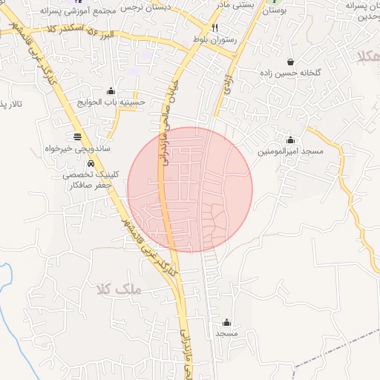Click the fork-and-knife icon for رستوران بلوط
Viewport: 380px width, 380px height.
215,27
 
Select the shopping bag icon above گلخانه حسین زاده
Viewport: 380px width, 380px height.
289,62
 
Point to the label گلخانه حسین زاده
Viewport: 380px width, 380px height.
289,73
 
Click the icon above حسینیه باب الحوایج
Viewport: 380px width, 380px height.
111,91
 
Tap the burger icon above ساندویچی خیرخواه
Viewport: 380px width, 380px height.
78,137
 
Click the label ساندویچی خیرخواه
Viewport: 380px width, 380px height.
78,148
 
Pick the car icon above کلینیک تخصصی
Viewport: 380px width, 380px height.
91,163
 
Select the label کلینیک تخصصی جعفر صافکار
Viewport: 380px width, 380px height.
91,180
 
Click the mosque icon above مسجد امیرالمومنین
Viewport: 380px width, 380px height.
290,140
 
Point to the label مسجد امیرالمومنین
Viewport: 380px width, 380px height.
291,151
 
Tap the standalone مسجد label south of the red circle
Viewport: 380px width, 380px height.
226,335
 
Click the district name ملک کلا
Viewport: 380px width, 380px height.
118,288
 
